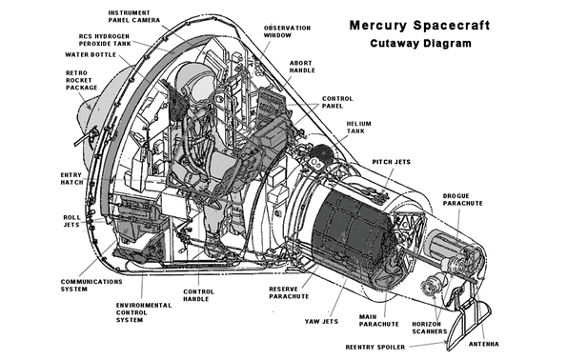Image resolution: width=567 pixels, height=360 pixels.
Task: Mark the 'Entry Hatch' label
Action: coord(71,178)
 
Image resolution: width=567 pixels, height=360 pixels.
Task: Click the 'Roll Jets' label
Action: coord(71,221)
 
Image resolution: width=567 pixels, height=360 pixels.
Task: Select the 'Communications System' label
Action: coord(91,286)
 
